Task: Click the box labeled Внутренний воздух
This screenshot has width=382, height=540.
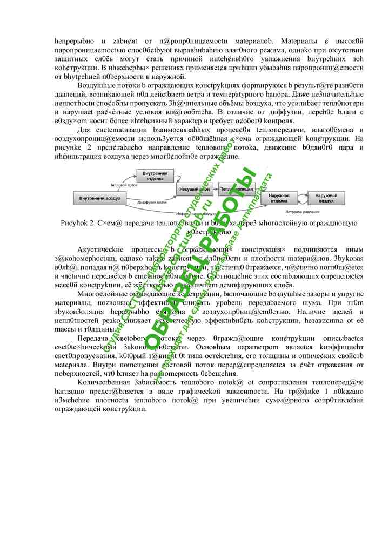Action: [x=100, y=198]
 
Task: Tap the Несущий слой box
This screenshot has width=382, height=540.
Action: [x=194, y=190]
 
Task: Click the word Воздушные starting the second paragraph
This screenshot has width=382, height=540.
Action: [x=95, y=86]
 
